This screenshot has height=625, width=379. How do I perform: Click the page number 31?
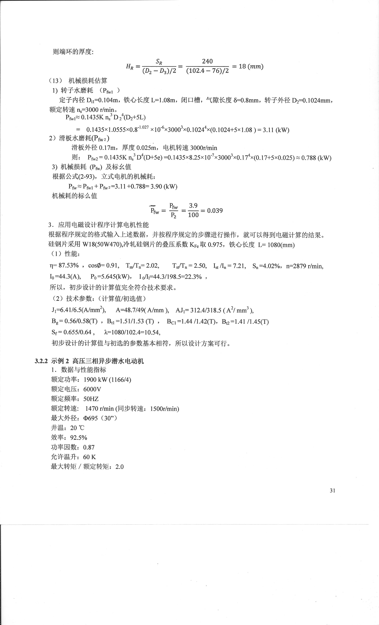click(x=332, y=491)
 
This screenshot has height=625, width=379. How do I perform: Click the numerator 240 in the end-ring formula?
click(x=207, y=61)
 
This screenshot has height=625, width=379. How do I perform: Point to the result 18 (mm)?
click(x=251, y=67)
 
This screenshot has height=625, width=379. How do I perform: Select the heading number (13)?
click(x=55, y=81)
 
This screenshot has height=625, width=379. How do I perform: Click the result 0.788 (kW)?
click(x=316, y=158)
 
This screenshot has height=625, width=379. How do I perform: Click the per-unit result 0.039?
click(x=215, y=211)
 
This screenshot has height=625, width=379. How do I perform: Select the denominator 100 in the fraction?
click(x=193, y=215)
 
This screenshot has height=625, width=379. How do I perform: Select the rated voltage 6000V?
click(x=92, y=389)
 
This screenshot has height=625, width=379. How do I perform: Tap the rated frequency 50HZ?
click(x=91, y=399)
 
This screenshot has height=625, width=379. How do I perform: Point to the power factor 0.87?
click(x=89, y=447)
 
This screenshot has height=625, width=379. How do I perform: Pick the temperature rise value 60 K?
click(x=89, y=457)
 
